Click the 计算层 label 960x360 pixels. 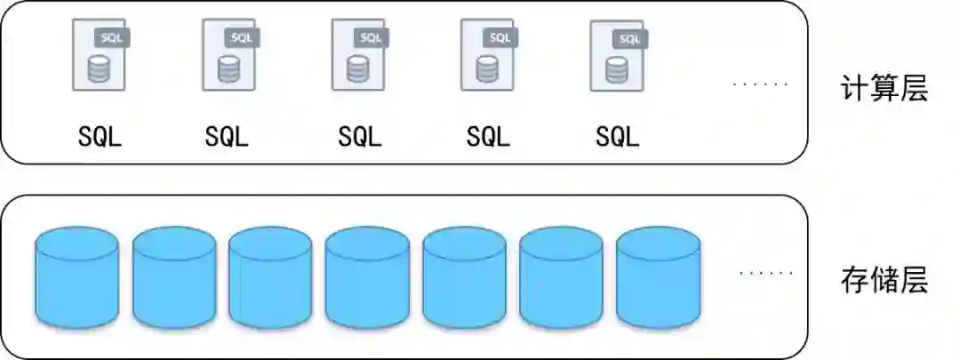coord(883,89)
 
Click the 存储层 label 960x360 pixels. coord(883,281)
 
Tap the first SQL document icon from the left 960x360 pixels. coord(99,56)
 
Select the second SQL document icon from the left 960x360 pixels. coord(228,56)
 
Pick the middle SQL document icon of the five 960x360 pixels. coord(358,56)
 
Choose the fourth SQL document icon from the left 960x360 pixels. coord(487,56)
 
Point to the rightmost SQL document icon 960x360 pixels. coord(617,56)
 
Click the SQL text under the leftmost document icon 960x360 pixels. coord(99,137)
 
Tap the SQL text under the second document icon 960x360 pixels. coord(228,137)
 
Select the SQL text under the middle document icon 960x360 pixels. coord(359,137)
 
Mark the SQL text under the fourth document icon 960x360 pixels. coord(488,137)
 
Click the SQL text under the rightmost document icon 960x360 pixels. coord(617,137)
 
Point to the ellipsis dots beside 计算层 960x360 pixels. coord(760,84)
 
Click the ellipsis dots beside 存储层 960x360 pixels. coord(765,274)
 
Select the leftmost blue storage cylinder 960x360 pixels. coord(76,277)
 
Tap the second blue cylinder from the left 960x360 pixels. coord(174,277)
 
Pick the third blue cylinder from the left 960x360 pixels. coord(270,277)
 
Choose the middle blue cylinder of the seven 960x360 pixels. coord(367,277)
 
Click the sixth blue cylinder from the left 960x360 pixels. coord(561,277)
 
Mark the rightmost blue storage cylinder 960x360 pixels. coord(658,277)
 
